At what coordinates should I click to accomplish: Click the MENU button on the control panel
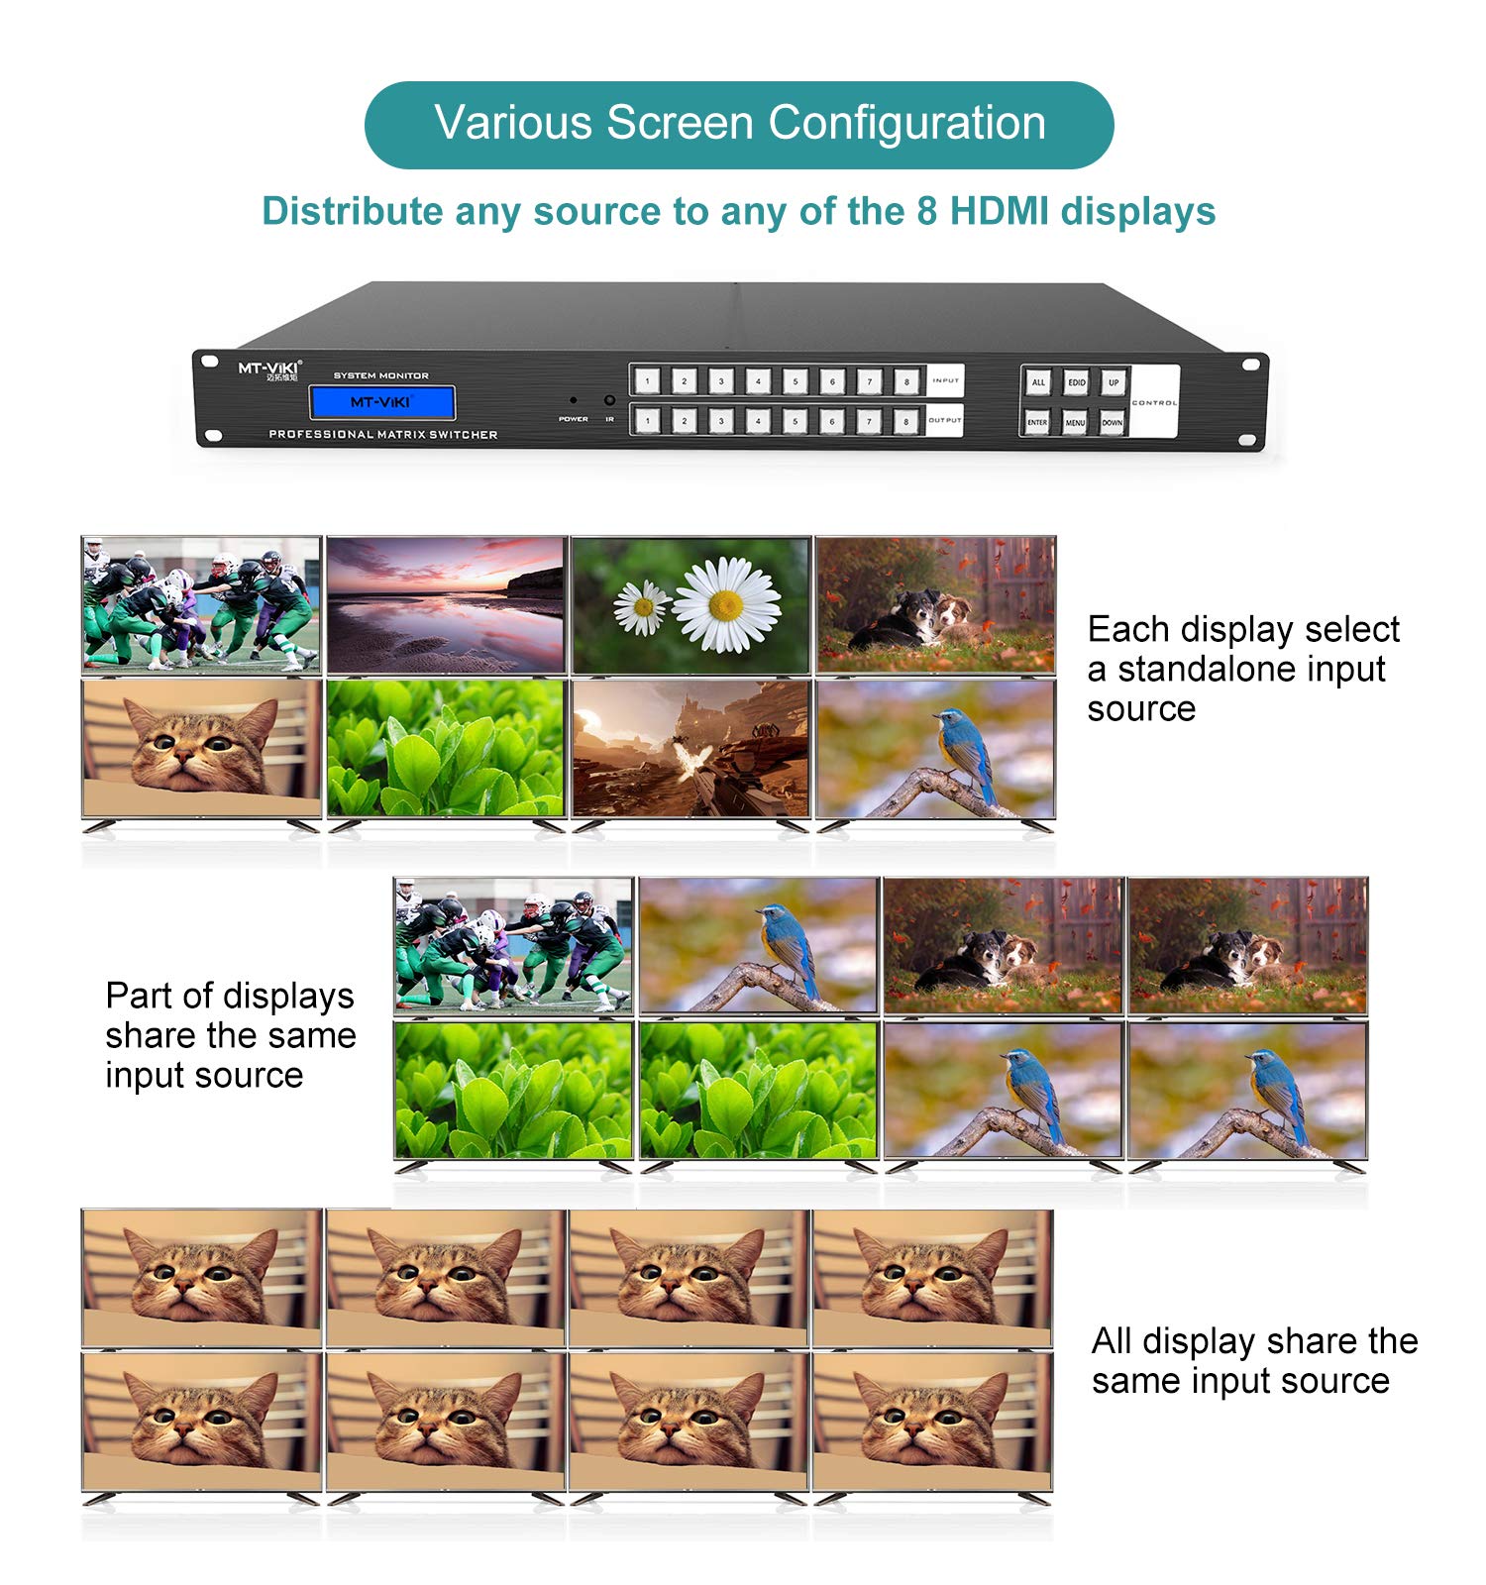1075,422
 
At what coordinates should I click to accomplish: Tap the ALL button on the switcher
1038,382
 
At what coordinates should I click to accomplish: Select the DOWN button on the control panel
1113,422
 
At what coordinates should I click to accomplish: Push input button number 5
795,380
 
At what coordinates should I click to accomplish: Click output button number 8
905,421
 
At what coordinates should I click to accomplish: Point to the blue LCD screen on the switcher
381,402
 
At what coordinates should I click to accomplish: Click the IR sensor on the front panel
609,401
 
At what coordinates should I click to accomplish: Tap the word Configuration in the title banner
906,124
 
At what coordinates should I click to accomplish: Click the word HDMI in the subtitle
999,211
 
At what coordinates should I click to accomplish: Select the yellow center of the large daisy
726,604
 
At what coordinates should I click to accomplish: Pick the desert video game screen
690,749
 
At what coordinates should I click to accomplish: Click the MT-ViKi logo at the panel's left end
267,370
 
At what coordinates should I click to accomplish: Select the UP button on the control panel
1114,382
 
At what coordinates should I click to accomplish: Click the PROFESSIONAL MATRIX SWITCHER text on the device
383,435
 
